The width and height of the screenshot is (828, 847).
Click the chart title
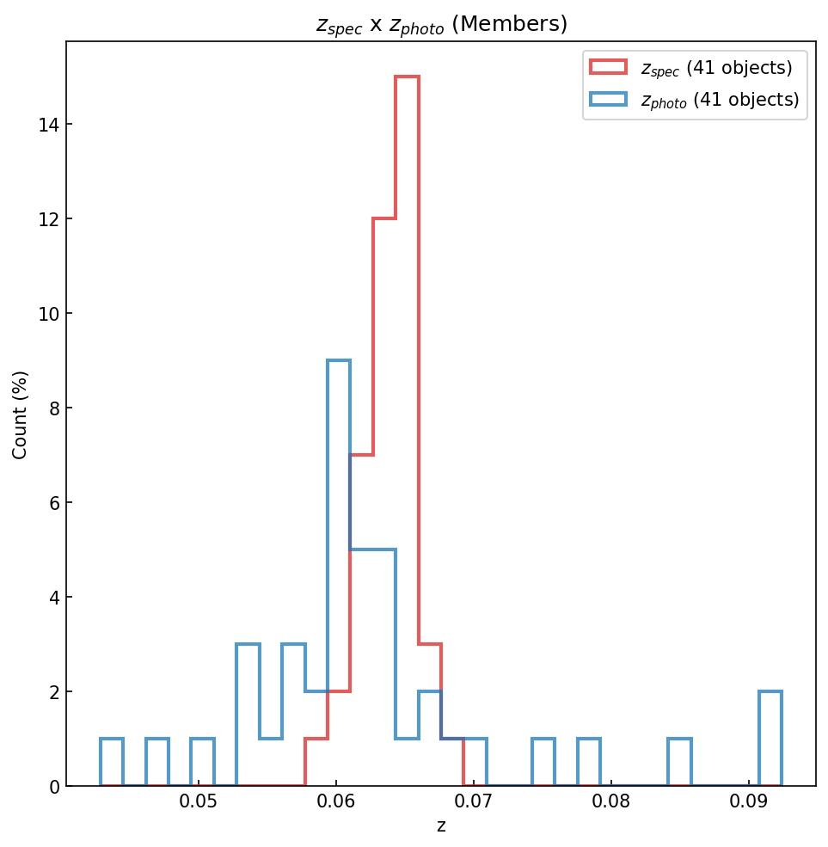pyautogui.click(x=441, y=24)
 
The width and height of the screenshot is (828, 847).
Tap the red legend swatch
pyautogui.click(x=608, y=65)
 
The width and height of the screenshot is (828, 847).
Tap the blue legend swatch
pyautogui.click(x=608, y=99)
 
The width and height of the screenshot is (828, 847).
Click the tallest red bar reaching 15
pyautogui.click(x=407, y=430)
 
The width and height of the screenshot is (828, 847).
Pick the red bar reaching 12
pyautogui.click(x=384, y=499)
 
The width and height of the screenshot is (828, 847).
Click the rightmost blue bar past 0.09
pyautogui.click(x=770, y=740)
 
